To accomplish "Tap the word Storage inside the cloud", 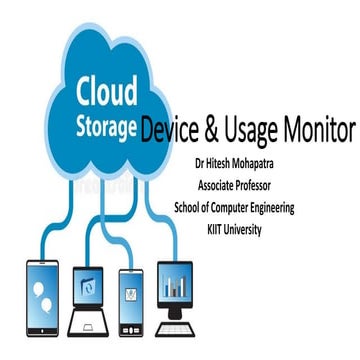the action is [102, 130].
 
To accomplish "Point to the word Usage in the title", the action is [263, 131].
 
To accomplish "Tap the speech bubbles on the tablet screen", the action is [44, 290].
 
